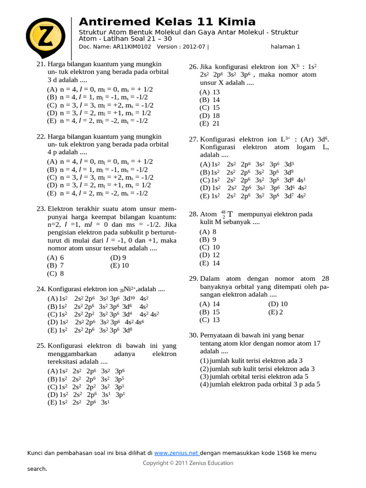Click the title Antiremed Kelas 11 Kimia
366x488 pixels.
(167, 22)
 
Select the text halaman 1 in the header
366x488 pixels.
(285, 47)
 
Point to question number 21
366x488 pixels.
(41, 64)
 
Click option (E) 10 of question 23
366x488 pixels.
(119, 265)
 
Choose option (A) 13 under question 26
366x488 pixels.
(210, 92)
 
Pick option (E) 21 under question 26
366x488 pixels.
(210, 123)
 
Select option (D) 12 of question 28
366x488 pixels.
(210, 255)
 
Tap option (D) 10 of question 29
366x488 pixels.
(278, 304)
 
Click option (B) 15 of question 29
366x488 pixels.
(210, 312)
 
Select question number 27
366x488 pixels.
(193, 139)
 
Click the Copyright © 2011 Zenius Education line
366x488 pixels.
(188, 463)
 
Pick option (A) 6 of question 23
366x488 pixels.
(55, 257)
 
